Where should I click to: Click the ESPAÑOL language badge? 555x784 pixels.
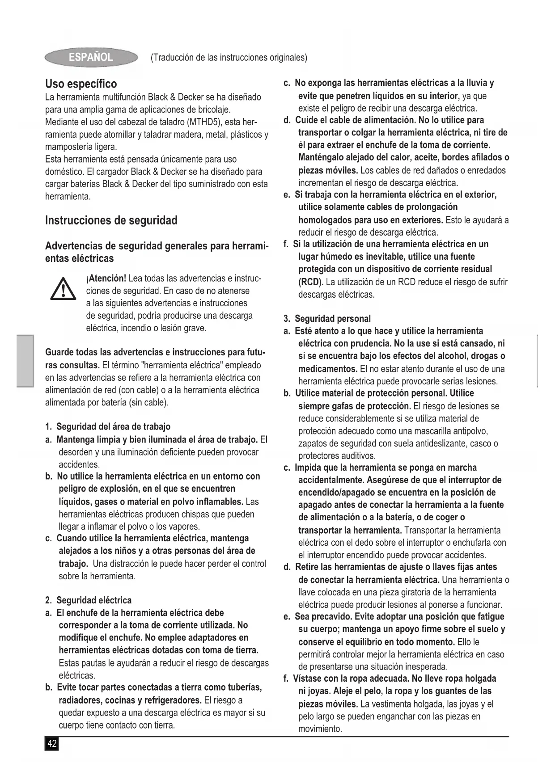[x=91, y=57]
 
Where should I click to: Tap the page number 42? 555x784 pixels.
[x=52, y=743]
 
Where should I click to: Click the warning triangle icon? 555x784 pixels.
[x=63, y=289]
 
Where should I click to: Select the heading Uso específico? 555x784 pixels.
[x=81, y=84]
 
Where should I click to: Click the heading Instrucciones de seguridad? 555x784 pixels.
[x=111, y=220]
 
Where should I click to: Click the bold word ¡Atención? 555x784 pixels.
[x=106, y=278]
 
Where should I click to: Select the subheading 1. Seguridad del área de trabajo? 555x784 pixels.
[x=108, y=426]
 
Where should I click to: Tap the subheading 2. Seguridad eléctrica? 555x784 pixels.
[x=89, y=600]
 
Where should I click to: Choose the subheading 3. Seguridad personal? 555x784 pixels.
[x=327, y=319]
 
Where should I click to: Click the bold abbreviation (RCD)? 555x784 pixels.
[x=311, y=282]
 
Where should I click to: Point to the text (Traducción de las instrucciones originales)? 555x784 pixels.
[x=229, y=58]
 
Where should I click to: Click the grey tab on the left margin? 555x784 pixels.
[x=25, y=361]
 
